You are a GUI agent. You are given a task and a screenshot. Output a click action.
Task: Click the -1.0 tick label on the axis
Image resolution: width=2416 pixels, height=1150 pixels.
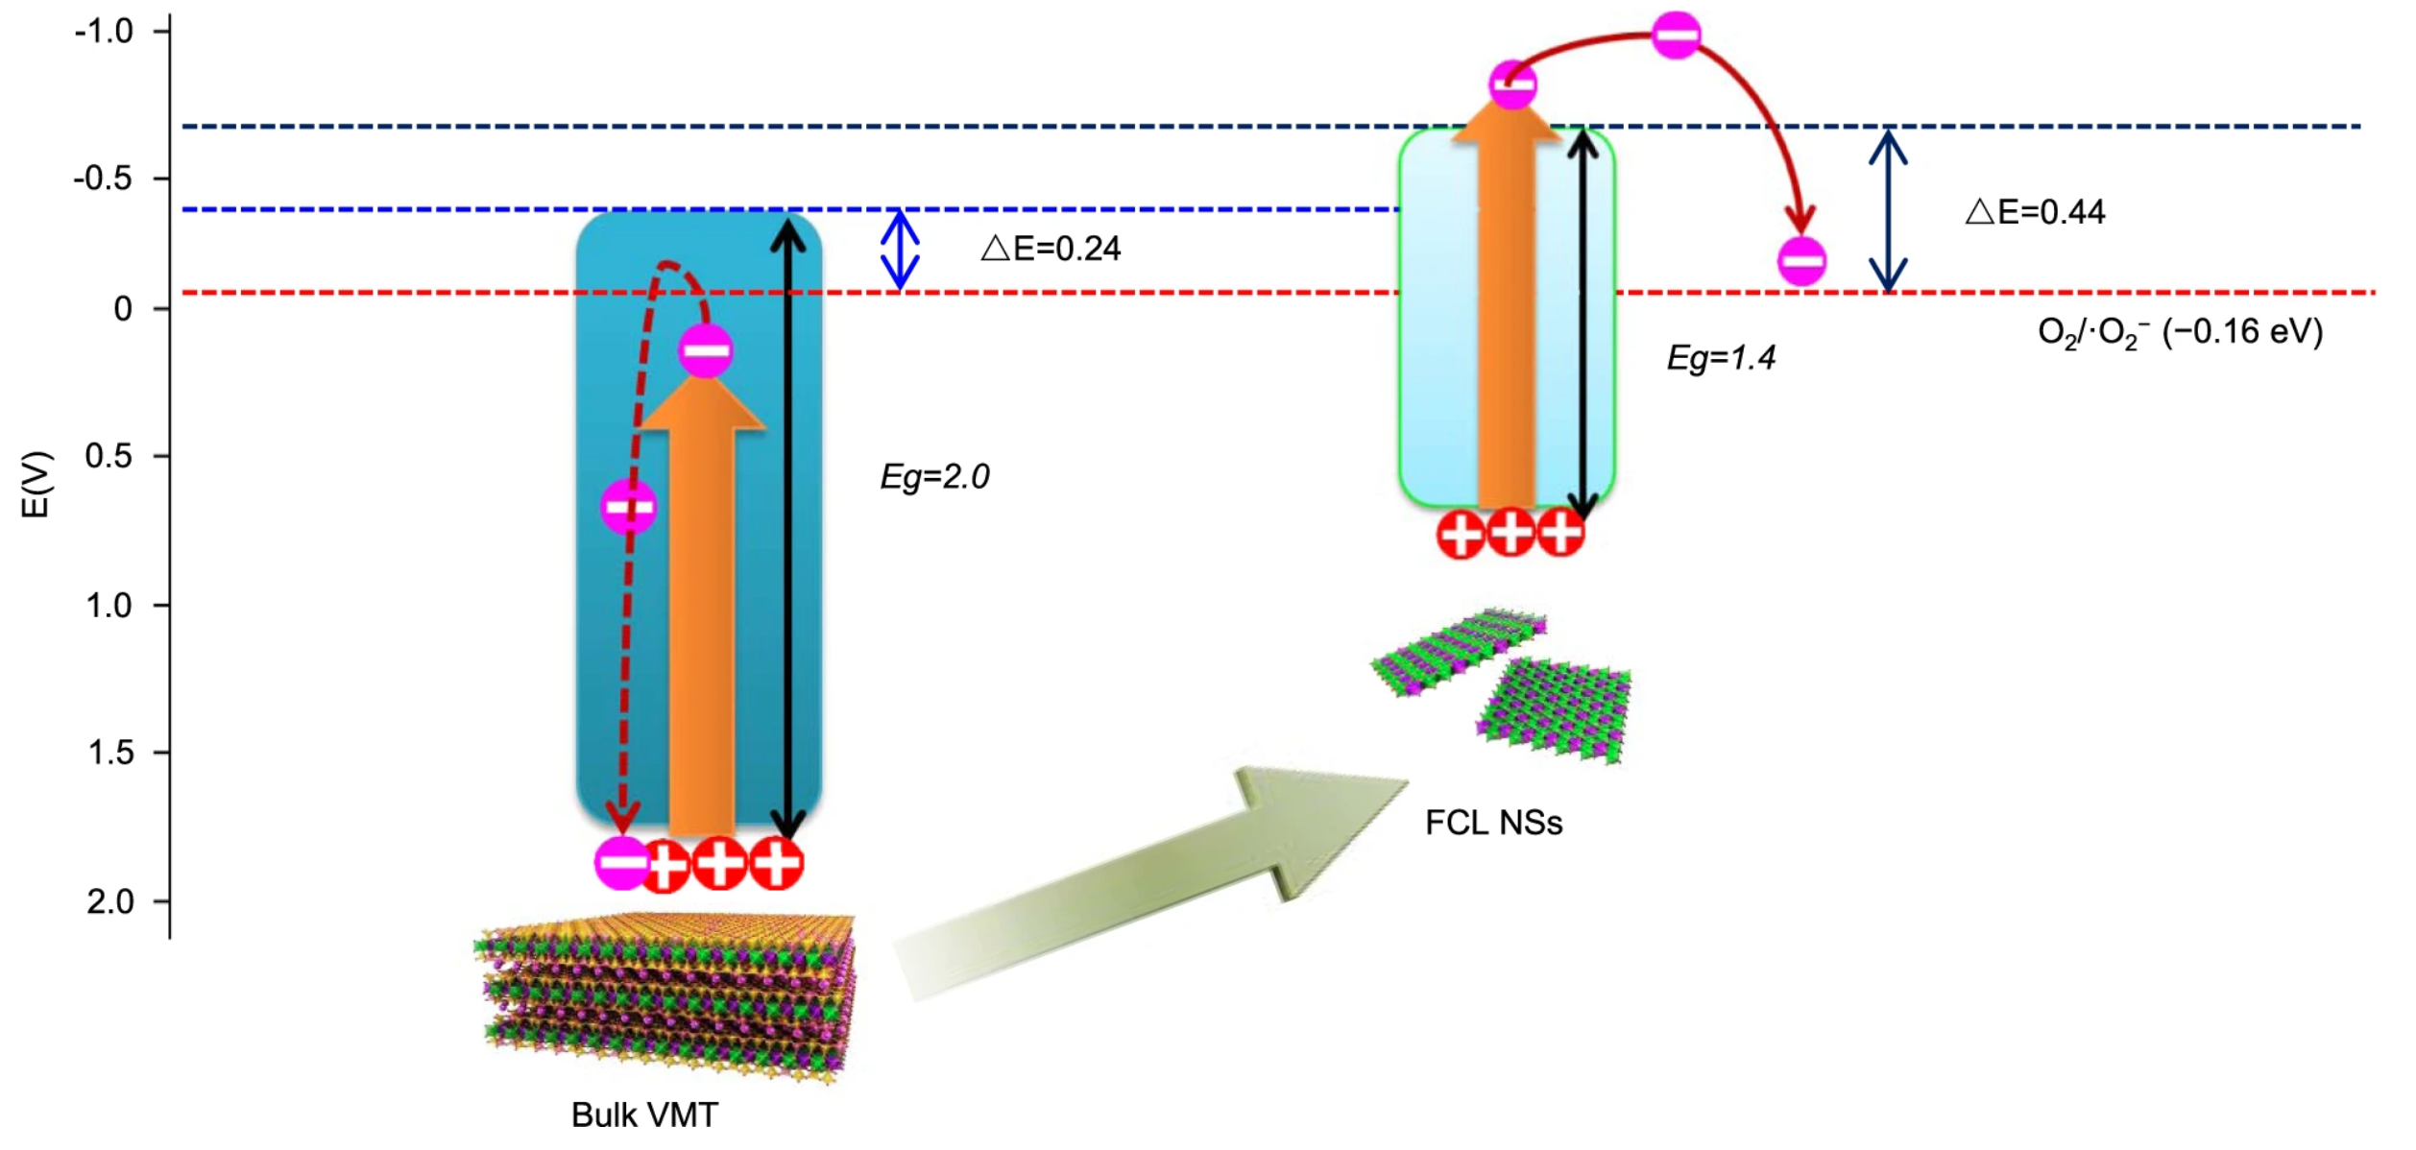pos(104,32)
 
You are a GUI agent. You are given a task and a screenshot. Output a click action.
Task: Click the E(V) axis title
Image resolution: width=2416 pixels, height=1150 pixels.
pos(36,485)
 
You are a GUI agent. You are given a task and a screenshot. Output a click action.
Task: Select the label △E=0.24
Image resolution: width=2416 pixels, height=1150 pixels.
pos(1052,250)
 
